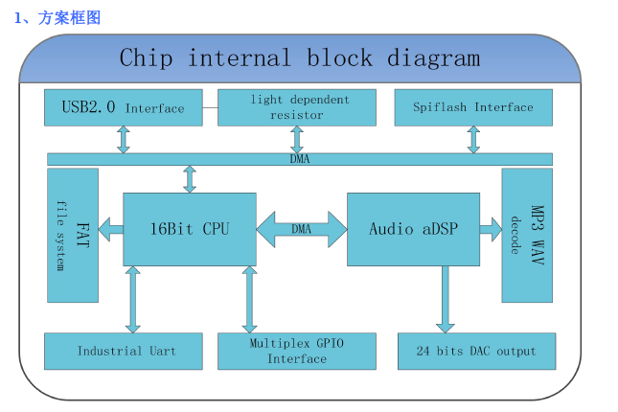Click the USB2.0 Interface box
coord(124,107)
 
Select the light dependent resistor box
coord(297,107)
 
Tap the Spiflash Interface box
coord(473,107)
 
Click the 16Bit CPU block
coord(190,229)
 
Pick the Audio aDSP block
coord(414,229)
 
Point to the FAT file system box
coord(73,236)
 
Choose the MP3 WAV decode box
coord(527,236)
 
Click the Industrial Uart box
coord(124,352)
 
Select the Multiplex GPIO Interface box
coord(297,352)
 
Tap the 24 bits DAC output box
coord(477,352)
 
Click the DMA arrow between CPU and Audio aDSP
coord(302,229)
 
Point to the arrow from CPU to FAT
coord(111,229)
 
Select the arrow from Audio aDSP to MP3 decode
coord(491,229)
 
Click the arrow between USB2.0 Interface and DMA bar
coord(124,140)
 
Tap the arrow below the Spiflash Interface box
coord(473,140)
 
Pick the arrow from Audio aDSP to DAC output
coord(446,299)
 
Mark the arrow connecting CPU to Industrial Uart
coord(133,299)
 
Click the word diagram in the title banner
coord(433,58)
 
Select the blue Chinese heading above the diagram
coord(57,18)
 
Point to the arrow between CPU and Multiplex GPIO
coord(249,299)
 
